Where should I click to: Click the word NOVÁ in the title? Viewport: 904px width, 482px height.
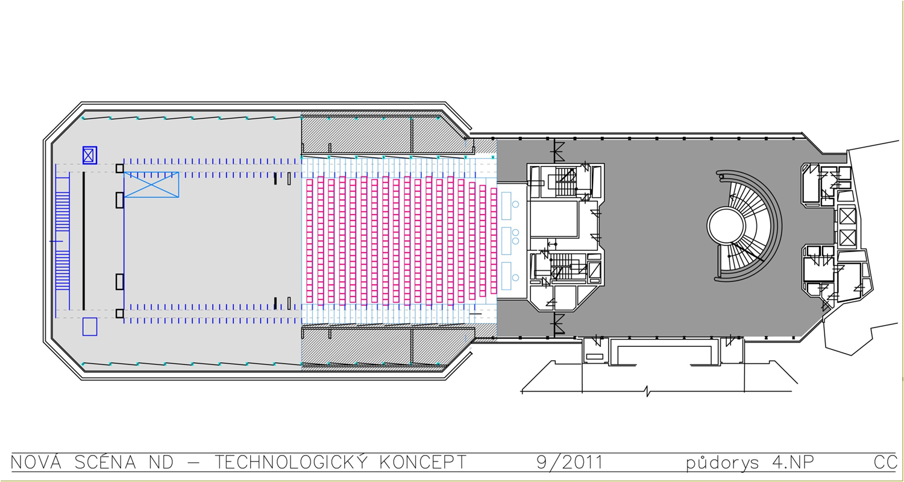36,463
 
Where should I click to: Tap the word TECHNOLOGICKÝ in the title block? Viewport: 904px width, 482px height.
291,463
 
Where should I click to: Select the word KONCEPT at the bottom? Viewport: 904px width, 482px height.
423,463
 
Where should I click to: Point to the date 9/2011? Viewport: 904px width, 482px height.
570,463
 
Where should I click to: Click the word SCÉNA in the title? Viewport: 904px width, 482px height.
105,463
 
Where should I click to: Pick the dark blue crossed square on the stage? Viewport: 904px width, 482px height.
90,155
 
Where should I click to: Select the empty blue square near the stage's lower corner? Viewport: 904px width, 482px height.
90,327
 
